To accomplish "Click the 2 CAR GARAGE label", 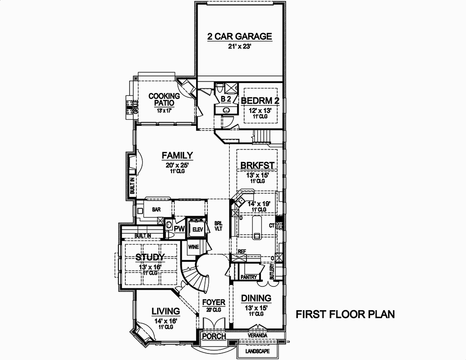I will [240, 37].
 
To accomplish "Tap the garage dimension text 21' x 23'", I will [240, 47].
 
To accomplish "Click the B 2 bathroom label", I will [226, 99].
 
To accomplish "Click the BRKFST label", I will [257, 166].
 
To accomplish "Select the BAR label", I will [156, 210].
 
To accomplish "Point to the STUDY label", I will [150, 258].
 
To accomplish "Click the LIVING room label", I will [166, 311].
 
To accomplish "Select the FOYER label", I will [214, 303].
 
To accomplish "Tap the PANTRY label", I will [249, 278].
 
